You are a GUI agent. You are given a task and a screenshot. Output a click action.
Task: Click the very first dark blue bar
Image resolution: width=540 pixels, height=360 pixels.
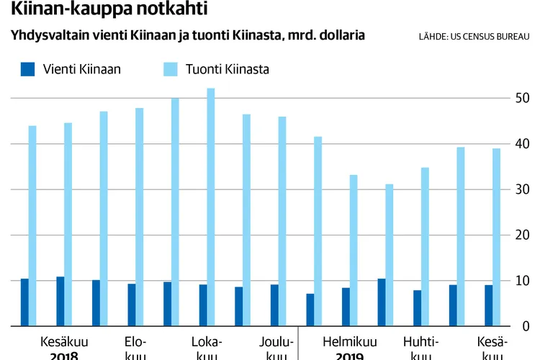pyautogui.click(x=24, y=302)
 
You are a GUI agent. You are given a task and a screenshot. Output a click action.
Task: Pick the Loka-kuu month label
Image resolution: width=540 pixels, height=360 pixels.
pyautogui.click(x=206, y=347)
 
